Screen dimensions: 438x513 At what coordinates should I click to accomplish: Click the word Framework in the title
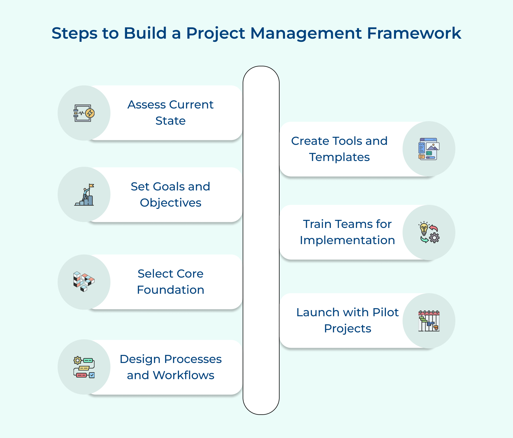pos(414,33)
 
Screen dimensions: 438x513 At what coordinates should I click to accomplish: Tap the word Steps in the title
pos(75,33)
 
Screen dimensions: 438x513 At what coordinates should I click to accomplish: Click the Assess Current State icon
pos(84,113)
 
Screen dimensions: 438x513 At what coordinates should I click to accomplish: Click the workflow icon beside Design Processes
pos(84,367)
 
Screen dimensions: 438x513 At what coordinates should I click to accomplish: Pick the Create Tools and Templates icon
pos(429,149)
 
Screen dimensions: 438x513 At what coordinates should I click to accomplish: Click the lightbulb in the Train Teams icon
pos(424,229)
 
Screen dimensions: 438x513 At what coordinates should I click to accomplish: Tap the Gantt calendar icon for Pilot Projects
pos(429,321)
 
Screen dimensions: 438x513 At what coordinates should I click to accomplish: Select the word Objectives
pos(170,203)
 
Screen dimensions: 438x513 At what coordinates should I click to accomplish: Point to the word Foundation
pos(170,290)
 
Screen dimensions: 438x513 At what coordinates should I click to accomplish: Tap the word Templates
pos(339,157)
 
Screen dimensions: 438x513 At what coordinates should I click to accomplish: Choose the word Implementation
pos(347,240)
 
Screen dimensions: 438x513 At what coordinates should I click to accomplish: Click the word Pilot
pos(385,312)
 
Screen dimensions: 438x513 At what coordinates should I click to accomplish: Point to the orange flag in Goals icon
pos(92,186)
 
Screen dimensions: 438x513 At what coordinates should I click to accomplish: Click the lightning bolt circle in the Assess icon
pos(90,113)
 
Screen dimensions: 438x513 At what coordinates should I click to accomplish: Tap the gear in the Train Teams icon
pos(434,238)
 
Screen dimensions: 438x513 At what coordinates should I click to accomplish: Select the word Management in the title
pos(306,33)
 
